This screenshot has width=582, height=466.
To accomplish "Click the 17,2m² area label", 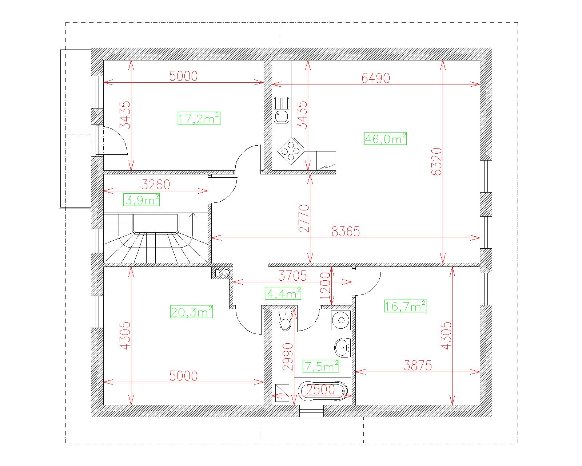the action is [199, 118].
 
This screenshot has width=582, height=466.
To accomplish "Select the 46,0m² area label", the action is [385, 138].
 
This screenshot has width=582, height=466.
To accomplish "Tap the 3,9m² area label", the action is [141, 200].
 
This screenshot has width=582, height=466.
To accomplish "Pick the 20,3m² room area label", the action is [191, 311].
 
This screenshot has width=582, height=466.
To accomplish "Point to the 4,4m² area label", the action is [283, 293].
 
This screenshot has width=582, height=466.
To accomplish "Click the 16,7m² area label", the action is [406, 306].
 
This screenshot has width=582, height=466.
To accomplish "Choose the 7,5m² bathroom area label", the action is [321, 366].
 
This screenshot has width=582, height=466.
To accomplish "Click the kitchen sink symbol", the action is [282, 110].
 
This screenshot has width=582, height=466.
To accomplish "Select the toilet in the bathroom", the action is [285, 321].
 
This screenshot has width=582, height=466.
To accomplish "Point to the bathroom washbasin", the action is [343, 348].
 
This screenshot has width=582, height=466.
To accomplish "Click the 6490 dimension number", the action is [376, 78].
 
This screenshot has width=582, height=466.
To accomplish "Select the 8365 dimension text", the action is [346, 232].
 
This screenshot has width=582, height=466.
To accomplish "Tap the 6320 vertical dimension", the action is [436, 162].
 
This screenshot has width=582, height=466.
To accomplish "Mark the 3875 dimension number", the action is [418, 366].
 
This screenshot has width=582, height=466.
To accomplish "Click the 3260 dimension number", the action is [156, 185].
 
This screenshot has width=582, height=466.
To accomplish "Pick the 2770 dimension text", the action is [304, 218].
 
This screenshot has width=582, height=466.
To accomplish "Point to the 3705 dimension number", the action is [292, 276].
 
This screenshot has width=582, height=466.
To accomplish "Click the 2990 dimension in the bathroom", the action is [287, 357].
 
